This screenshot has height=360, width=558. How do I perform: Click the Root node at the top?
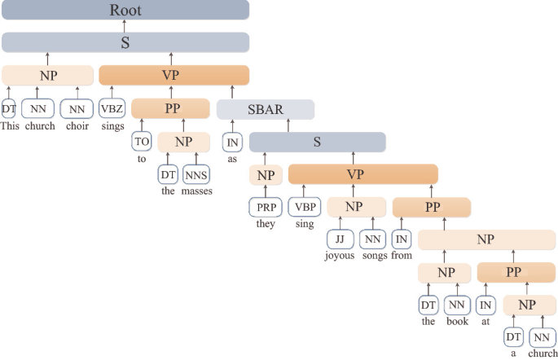[125, 11]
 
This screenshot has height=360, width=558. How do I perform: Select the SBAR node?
[266, 109]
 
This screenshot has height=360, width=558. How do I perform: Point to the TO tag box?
[143, 142]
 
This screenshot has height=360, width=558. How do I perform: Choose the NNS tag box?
[196, 174]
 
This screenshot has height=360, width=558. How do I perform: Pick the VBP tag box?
[304, 207]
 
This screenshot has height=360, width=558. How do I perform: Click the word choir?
[77, 126]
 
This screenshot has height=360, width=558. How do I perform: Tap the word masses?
[196, 192]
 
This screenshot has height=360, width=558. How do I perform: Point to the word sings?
[112, 126]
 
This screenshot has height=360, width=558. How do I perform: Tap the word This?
[10, 126]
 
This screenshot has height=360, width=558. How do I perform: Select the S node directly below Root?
[125, 43]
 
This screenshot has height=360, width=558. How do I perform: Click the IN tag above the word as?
[233, 142]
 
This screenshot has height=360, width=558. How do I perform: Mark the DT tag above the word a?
[513, 336]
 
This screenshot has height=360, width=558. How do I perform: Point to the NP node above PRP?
[266, 174]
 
